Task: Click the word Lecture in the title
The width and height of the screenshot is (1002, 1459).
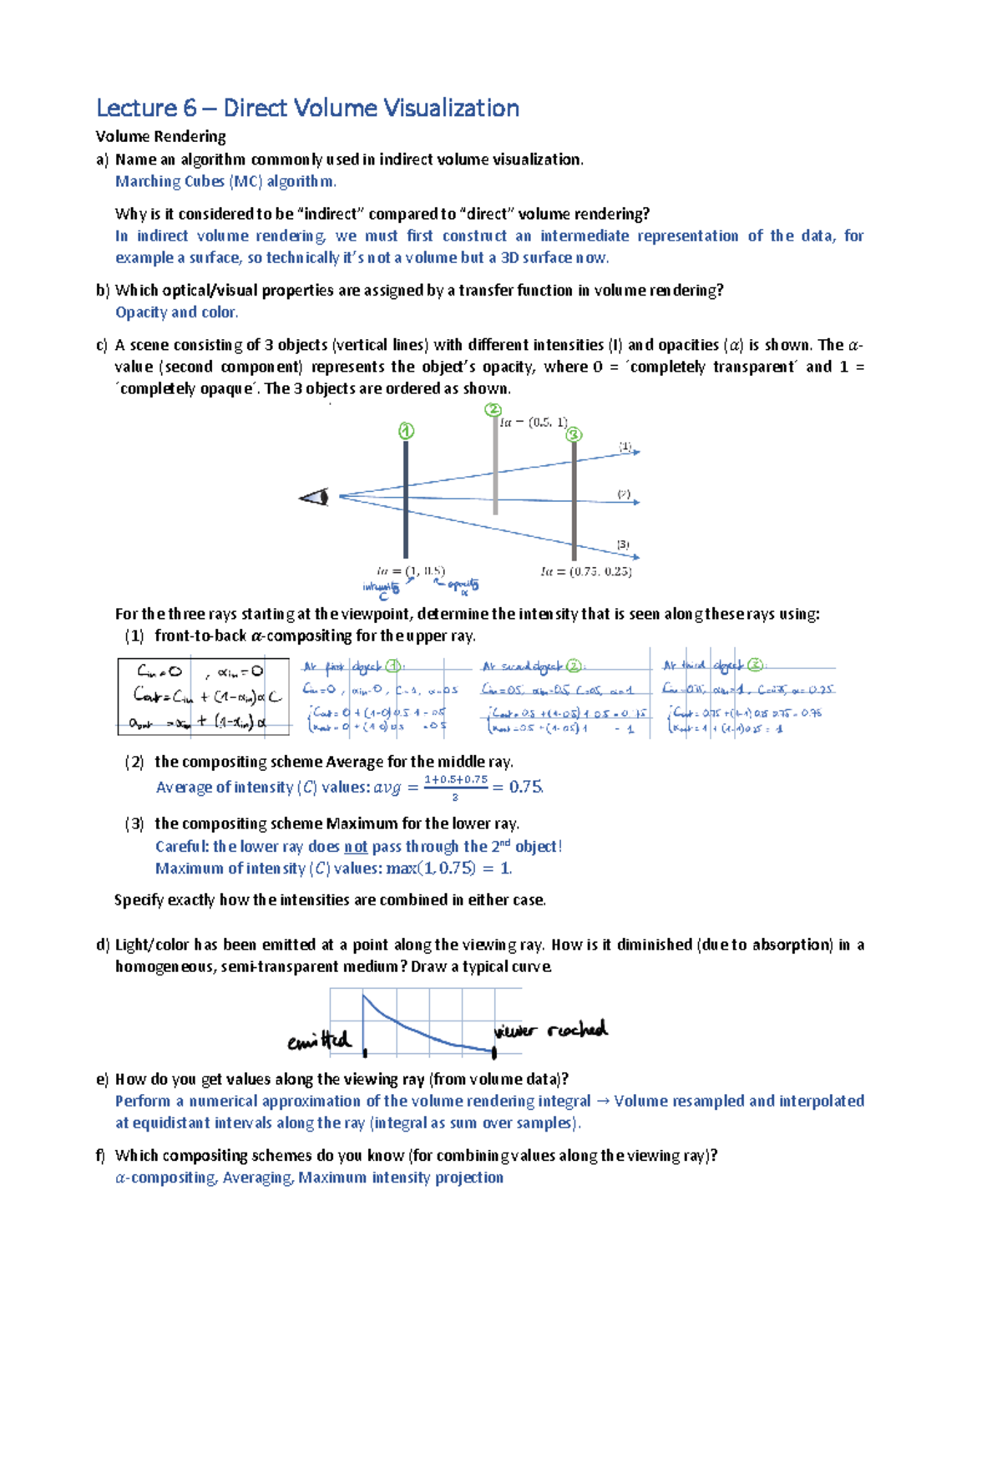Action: coord(136,109)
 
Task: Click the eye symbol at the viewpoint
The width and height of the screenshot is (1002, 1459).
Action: coord(316,498)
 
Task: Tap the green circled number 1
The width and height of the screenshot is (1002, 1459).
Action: coord(406,431)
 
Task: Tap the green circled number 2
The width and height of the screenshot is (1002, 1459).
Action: coord(493,410)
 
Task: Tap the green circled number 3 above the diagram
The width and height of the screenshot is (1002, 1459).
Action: coord(574,435)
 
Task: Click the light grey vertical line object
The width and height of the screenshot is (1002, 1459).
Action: coord(496,468)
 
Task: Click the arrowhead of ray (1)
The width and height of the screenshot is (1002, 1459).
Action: coord(636,452)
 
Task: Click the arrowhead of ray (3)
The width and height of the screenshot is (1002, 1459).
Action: coord(636,556)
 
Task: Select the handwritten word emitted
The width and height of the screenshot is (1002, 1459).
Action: coord(319,1041)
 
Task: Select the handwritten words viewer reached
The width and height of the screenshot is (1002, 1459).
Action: coord(550,1031)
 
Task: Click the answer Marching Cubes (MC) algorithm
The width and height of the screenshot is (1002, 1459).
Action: coord(225,181)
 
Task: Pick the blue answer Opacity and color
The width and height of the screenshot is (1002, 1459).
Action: coord(177,312)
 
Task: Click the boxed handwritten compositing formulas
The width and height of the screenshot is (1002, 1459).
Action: coord(204,697)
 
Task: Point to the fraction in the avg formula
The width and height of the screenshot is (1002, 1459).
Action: coord(455,787)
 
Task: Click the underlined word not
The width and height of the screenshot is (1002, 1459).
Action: coord(356,847)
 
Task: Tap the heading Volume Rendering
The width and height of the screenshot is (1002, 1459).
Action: coord(160,136)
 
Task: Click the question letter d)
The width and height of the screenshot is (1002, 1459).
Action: coord(103,945)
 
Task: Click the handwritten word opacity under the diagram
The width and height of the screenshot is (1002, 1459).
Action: coord(462,585)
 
